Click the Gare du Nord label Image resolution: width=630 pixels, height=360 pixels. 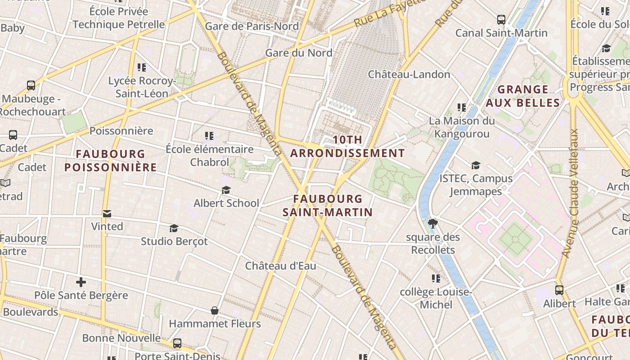299,53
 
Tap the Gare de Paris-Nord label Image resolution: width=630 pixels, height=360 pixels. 252,26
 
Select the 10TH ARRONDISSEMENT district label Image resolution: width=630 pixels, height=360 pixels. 347,147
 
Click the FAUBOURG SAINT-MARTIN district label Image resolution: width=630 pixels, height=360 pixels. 328,206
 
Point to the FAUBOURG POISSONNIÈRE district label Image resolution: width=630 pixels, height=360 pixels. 110,161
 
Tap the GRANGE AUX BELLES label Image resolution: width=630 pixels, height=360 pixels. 523,96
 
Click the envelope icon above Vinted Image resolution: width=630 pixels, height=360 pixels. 107,214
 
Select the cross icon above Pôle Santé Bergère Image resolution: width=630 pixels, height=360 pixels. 81,283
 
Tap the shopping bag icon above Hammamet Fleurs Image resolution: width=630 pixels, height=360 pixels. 215,310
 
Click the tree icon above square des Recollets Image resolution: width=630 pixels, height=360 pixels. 432,223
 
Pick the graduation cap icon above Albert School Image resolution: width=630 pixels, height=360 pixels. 226,191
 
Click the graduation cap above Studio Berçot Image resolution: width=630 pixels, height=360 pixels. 174,229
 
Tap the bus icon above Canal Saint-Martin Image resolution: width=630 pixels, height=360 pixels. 501,20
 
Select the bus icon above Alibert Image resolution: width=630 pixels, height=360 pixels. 559,290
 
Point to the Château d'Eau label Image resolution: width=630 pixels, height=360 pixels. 280,266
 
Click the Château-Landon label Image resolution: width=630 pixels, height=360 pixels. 409,74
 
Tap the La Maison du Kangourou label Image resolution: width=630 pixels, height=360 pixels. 462,127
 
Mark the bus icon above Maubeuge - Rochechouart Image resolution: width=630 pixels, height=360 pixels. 31,85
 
